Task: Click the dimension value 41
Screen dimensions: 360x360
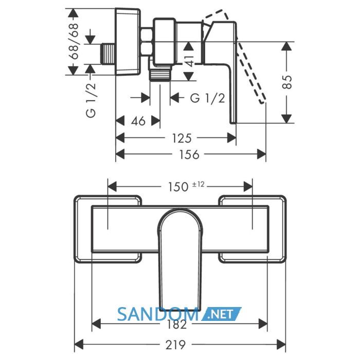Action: pos(189,61)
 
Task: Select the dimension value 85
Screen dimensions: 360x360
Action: pos(287,82)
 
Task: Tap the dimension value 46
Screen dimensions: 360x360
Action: pos(138,121)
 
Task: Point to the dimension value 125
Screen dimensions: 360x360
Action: pos(182,138)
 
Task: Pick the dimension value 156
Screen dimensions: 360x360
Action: pos(189,154)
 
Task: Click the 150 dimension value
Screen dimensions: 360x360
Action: pos(178,187)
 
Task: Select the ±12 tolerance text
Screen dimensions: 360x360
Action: pos(198,184)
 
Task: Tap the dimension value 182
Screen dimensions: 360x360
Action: pos(176,325)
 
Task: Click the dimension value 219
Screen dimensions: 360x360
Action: pos(176,345)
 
